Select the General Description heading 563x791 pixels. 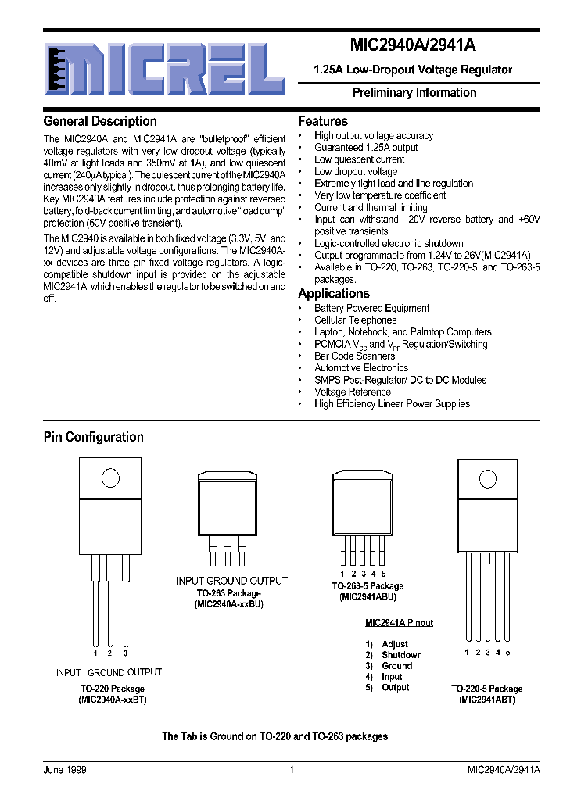pyautogui.click(x=100, y=121)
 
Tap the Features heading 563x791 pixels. pyautogui.click(x=323, y=121)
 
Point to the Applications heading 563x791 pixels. pyautogui.click(x=334, y=293)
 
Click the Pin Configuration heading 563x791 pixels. pyautogui.click(x=94, y=437)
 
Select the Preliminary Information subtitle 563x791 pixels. pyautogui.click(x=414, y=92)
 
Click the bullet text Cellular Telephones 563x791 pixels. pyautogui.click(x=355, y=320)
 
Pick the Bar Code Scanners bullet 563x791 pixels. pyautogui.click(x=354, y=356)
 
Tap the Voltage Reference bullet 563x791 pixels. pyautogui.click(x=353, y=392)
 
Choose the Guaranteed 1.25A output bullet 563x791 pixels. pyautogui.click(x=366, y=147)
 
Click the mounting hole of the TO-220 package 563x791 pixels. pyautogui.click(x=110, y=478)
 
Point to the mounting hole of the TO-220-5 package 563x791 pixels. pyautogui.click(x=487, y=478)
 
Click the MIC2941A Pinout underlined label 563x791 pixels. pyautogui.click(x=399, y=623)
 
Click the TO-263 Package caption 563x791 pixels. pyautogui.click(x=230, y=593)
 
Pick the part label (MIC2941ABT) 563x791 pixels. pyautogui.click(x=486, y=700)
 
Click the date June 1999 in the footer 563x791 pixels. pyautogui.click(x=65, y=770)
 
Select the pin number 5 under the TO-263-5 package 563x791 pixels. pyautogui.click(x=384, y=574)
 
